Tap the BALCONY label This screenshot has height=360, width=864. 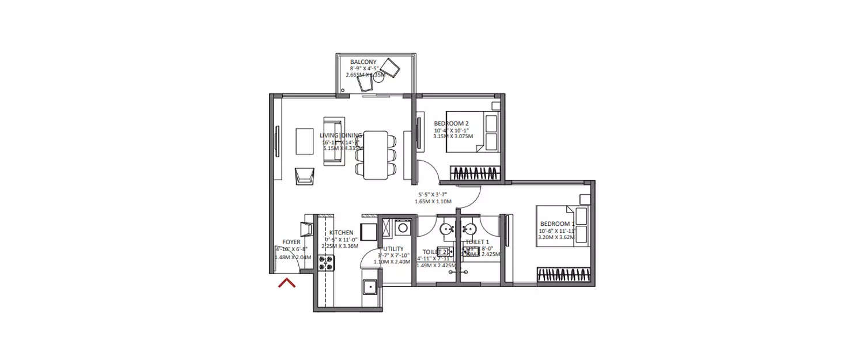[363, 62]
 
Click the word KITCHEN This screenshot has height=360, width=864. [341, 233]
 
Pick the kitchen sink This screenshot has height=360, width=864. [369, 286]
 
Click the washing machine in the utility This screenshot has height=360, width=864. [403, 228]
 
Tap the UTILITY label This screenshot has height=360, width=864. [393, 249]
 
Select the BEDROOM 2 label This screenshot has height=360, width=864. [451, 123]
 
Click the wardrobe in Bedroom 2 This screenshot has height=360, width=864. [473, 172]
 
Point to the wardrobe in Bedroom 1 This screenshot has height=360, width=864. [564, 275]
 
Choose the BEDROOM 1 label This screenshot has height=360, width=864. [557, 223]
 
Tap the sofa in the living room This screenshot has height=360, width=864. [334, 141]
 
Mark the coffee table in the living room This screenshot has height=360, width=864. [305, 141]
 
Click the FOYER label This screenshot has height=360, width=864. [291, 242]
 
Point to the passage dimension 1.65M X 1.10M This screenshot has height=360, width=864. [433, 202]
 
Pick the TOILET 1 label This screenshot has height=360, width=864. [477, 242]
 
